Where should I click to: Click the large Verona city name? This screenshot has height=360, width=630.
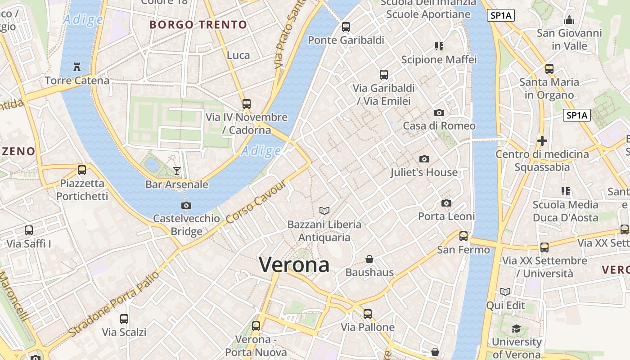[x=294, y=265]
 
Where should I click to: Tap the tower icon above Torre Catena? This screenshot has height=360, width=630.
[x=77, y=67]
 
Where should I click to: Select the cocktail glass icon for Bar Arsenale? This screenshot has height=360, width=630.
[x=177, y=171]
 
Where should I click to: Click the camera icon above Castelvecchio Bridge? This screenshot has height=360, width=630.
[x=186, y=205]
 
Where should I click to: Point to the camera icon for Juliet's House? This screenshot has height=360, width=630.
[x=424, y=159]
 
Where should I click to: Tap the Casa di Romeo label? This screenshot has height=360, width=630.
[x=439, y=126]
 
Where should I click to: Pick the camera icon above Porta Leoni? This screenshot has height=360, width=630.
[x=446, y=203]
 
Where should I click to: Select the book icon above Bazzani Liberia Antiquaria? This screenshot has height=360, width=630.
[x=324, y=211]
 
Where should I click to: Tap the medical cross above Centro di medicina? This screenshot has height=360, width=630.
[x=542, y=141]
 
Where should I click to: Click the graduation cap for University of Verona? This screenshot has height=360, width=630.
[x=516, y=329]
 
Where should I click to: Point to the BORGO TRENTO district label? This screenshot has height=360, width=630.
[x=198, y=25]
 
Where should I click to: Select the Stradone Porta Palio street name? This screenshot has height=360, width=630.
[x=114, y=304]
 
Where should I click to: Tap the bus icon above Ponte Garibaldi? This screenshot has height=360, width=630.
[x=346, y=27]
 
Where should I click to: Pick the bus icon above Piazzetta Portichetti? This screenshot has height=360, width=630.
[x=82, y=170]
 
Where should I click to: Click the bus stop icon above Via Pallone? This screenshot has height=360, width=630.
[x=368, y=314]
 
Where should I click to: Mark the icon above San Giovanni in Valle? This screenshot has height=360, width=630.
[x=569, y=20]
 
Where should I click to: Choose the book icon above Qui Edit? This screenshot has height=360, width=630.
[x=505, y=292]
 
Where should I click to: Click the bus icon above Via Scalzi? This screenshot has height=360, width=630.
[x=124, y=319]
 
